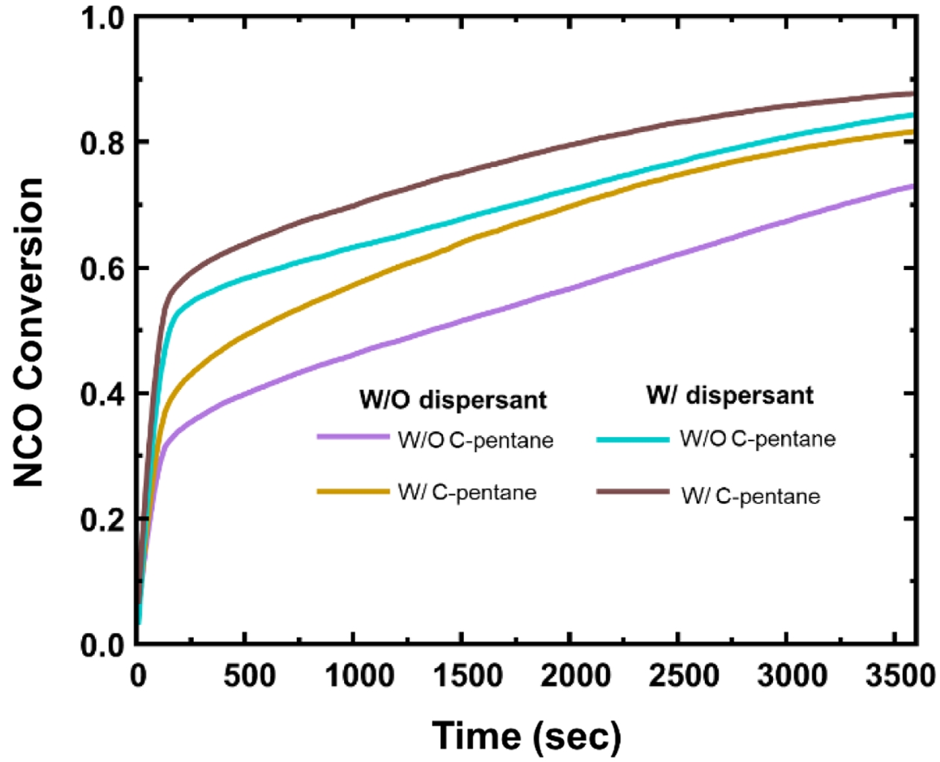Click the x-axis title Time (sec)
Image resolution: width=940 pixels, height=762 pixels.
[x=526, y=736]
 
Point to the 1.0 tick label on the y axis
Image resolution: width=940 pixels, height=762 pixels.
[x=102, y=18]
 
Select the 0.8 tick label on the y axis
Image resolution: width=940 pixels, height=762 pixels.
[x=102, y=142]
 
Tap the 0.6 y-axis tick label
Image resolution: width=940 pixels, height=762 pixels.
[x=102, y=268]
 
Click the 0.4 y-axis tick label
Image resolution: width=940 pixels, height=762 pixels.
[x=102, y=394]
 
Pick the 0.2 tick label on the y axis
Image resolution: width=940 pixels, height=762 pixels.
[x=102, y=519]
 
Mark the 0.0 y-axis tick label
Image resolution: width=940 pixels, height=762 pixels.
[x=102, y=644]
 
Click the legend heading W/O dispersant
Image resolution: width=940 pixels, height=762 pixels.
[x=453, y=400]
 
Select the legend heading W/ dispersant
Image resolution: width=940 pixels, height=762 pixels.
[x=730, y=395]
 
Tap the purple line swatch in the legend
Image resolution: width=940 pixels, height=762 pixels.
[x=352, y=437]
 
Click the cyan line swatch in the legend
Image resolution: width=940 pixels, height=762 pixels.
[x=633, y=439]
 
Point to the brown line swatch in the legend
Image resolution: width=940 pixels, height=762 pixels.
[x=633, y=492]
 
